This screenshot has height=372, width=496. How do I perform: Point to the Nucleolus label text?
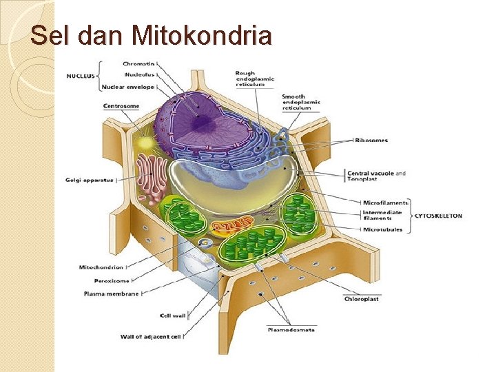point(139,74)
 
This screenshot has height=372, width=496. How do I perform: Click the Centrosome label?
point(121,106)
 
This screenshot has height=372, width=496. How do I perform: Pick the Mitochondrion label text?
point(102,267)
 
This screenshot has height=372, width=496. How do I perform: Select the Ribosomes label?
point(371,141)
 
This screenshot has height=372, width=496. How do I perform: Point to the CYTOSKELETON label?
point(438,216)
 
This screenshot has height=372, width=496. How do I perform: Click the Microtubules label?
point(382,229)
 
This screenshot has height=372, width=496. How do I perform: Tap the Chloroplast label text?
point(362,299)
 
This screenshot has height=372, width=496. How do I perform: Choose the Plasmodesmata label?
point(291,330)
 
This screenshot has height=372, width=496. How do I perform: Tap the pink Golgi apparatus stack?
point(150,176)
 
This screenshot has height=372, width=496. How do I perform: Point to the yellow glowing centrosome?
point(146,143)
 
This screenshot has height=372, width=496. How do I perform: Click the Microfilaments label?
point(386,203)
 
